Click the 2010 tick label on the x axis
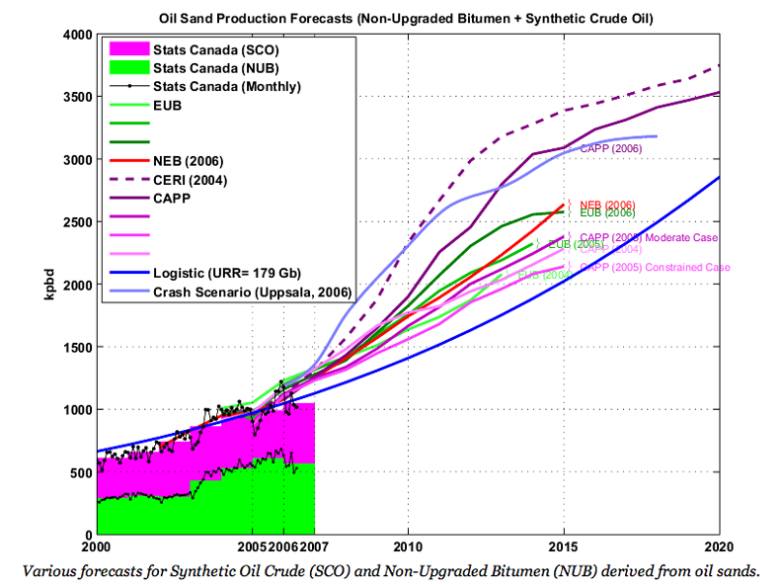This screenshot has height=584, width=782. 407,545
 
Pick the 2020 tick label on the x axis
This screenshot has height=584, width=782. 719,545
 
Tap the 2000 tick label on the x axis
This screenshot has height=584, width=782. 96,545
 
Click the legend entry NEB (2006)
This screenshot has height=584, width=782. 188,161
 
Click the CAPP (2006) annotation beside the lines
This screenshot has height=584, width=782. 610,148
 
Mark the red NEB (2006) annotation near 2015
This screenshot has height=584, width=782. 607,204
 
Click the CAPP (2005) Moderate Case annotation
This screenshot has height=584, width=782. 649,238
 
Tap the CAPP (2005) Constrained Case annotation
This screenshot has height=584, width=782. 655,268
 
